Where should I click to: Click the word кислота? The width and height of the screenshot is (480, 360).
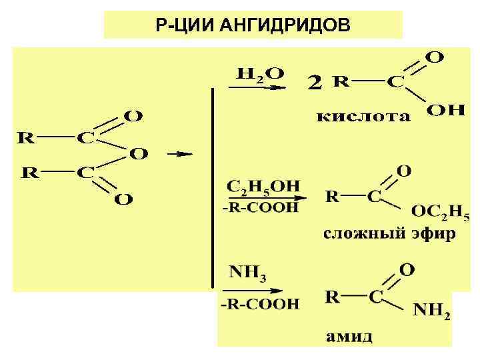[x=363, y=117]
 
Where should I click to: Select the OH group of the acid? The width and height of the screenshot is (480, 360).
[x=445, y=111]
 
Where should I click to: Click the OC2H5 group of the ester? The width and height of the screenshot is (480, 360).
[x=440, y=213]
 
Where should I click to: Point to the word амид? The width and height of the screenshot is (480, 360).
[x=349, y=337]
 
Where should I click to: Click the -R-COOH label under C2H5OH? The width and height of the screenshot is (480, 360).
[x=261, y=209]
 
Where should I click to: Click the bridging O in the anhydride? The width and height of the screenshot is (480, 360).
[x=139, y=154]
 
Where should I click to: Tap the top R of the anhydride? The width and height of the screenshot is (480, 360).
[x=27, y=139]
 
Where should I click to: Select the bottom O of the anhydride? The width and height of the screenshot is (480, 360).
[x=123, y=199]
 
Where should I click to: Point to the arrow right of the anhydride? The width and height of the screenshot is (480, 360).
[x=179, y=154]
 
